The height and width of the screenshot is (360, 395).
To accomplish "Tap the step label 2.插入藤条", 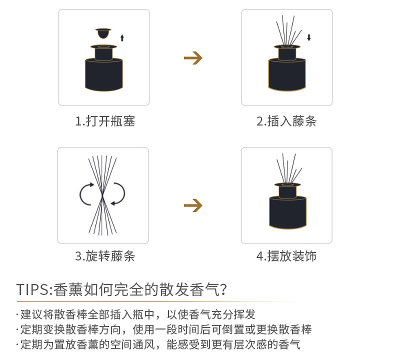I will [x=286, y=121].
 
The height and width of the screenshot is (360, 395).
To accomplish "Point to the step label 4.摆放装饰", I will [x=286, y=256].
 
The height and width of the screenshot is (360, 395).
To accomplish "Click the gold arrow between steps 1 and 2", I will [x=193, y=58].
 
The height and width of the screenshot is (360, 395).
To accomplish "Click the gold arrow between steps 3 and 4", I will [x=193, y=205].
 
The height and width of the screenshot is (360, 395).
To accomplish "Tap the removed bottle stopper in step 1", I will [x=103, y=33].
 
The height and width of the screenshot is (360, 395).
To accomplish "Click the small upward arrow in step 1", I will [x=122, y=37].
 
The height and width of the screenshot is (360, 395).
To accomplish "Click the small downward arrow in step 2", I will [x=309, y=37].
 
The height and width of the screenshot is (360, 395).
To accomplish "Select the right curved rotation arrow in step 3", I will [x=119, y=194].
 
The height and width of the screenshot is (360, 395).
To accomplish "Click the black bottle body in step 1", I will [x=103, y=75].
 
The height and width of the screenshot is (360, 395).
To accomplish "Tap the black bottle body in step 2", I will [x=287, y=75].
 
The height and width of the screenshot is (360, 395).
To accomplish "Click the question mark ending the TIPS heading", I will [x=223, y=289].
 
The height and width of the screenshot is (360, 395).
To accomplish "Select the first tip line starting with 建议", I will [x=137, y=315].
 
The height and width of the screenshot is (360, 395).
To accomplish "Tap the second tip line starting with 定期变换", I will [x=165, y=330].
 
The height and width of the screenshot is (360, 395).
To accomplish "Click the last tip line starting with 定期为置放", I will [x=160, y=345].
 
